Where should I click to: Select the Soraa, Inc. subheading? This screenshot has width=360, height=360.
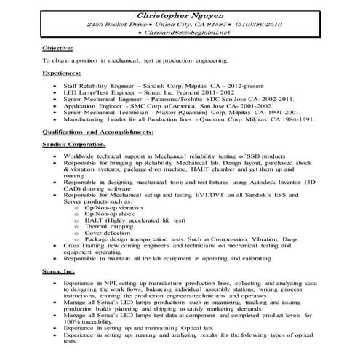click(x=59, y=270)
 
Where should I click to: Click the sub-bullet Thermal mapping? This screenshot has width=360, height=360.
click(x=109, y=225)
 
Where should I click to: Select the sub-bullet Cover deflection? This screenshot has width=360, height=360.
click(x=108, y=232)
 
